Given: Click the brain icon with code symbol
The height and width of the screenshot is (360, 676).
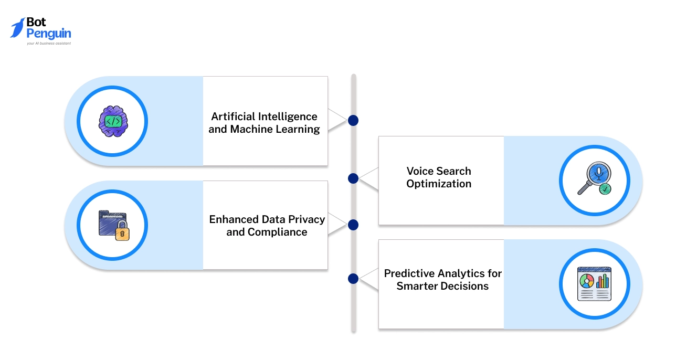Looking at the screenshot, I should pos(113,121).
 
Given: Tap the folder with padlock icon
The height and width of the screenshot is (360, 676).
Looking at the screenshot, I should pos(113,225).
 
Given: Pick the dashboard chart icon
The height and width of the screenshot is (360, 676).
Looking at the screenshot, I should pos(594,284).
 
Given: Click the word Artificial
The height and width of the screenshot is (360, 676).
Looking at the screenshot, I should pos(234,117).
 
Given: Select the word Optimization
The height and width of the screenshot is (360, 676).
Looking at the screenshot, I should pos(439,184).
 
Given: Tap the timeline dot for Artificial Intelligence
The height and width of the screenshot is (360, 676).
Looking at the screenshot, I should pos(353,121).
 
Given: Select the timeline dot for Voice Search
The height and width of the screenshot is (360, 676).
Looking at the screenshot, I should pos(353,178).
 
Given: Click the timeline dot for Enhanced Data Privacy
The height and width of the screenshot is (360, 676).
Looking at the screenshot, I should pos(353,225).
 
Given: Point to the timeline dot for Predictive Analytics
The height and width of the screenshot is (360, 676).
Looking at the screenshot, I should pos(353,278).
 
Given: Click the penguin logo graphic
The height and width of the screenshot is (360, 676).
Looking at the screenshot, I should pos(18,28).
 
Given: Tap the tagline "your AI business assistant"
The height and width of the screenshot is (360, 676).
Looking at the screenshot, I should pos(49,44).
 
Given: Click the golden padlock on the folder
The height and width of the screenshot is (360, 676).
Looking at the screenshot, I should pos(122,231).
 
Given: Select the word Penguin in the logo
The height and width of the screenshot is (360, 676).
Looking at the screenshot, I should pos(49,34).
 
